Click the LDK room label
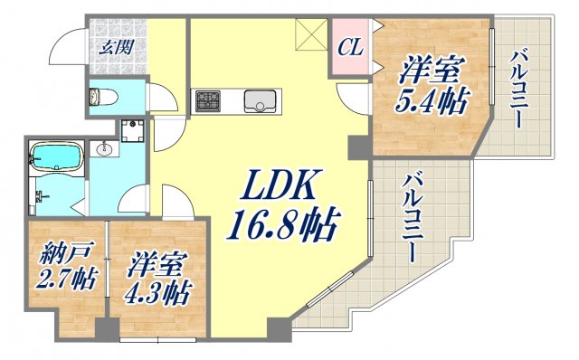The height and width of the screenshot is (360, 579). [277, 189]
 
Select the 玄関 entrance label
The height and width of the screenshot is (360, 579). [113, 47]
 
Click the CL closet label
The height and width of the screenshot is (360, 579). [350, 47]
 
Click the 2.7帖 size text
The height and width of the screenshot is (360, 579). [60, 279]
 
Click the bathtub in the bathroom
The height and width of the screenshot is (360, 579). [56, 158]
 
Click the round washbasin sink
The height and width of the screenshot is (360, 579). [102, 150]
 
